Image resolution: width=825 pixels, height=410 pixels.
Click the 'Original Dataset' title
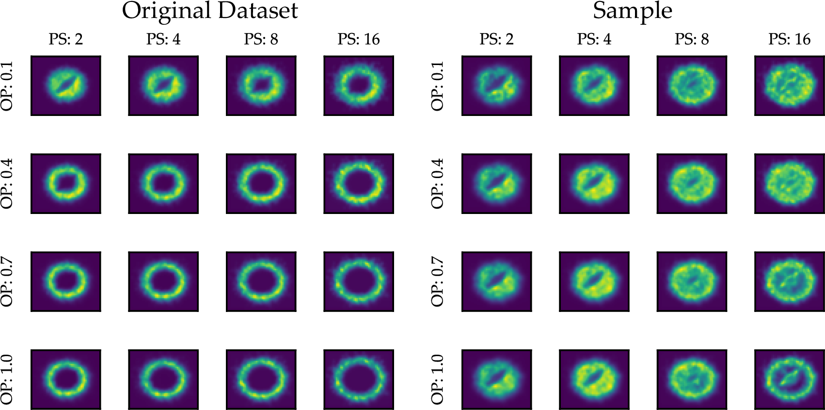tap(210, 11)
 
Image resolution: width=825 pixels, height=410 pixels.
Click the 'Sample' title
tap(633, 11)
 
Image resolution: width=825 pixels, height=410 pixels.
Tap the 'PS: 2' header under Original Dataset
tap(66, 39)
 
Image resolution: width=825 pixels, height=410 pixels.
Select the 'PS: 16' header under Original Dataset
tap(359, 39)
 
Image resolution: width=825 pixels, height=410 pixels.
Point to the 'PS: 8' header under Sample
tap(692, 39)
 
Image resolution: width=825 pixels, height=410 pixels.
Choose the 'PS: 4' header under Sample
tap(594, 39)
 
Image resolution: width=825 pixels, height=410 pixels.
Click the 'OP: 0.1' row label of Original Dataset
tap(7, 86)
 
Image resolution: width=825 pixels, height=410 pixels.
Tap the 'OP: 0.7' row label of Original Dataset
tap(7, 282)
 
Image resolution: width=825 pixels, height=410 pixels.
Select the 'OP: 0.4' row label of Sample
tap(437, 183)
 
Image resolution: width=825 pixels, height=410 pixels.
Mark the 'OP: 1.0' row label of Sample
tap(437, 379)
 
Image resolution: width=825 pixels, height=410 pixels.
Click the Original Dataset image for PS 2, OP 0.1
tap(66, 86)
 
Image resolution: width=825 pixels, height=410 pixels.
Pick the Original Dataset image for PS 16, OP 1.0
tap(359, 379)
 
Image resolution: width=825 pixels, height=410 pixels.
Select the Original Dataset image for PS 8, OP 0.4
tap(261, 183)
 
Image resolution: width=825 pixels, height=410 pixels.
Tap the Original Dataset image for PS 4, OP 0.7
tap(163, 282)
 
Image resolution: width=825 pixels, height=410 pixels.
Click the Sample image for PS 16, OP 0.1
tap(789, 86)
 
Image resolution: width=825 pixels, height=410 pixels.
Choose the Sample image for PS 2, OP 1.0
tap(496, 379)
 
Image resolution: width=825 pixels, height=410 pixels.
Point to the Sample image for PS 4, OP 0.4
tap(594, 183)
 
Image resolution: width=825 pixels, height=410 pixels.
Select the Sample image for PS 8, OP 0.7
tap(692, 282)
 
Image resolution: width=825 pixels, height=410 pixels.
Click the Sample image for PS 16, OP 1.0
tap(789, 379)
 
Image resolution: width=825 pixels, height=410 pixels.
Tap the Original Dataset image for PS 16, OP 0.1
tap(359, 86)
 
